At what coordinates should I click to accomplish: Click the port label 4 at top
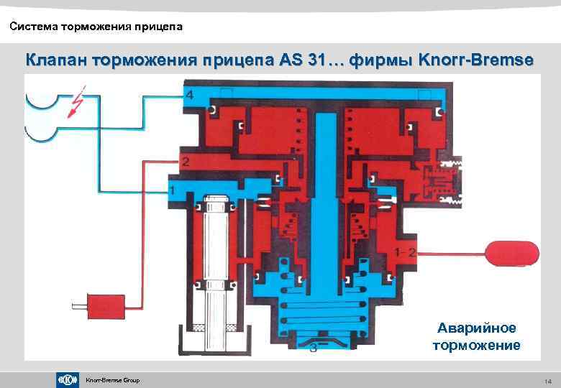(188, 96)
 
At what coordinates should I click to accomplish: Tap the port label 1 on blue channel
(172, 189)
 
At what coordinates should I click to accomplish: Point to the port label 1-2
(406, 251)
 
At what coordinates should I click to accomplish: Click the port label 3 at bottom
(314, 348)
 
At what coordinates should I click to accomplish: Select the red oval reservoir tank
(512, 251)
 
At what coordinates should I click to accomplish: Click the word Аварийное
(477, 328)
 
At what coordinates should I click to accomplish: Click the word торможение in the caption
(477, 346)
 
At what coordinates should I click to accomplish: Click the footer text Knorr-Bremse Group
(112, 380)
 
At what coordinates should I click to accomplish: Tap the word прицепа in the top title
(158, 27)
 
